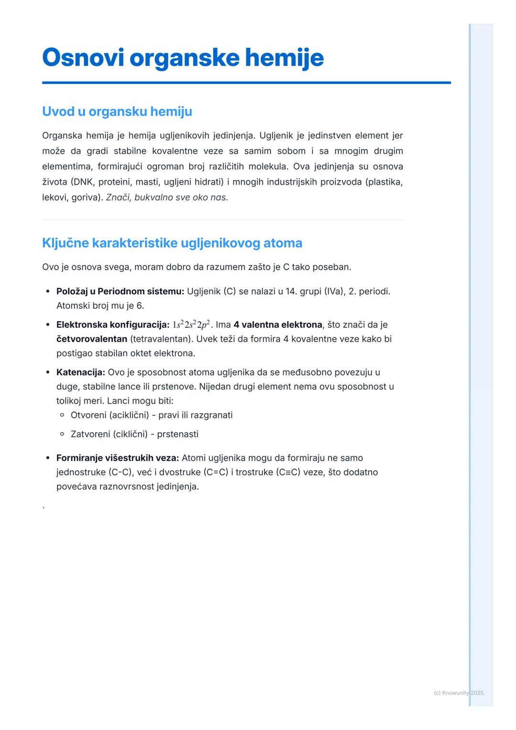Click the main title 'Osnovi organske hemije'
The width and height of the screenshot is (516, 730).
pos(183,58)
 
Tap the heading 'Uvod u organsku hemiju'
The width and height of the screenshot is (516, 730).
pos(117,111)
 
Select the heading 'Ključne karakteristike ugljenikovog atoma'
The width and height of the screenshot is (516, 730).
pos(172,243)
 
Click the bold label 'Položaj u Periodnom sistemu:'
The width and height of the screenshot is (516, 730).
pos(120,291)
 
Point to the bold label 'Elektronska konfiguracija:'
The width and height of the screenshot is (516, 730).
pos(113,325)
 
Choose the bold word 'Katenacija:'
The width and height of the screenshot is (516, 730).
pos(81,372)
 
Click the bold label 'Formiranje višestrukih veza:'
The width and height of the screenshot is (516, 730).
pos(118,458)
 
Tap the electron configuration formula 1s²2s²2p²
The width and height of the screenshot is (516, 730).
pos(191,325)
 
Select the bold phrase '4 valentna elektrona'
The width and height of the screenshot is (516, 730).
pos(278,325)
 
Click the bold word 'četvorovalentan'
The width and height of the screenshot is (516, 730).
pos(92,339)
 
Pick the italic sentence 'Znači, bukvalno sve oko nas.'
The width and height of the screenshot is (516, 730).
pos(167,197)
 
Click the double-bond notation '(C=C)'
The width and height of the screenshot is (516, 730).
pos(216,472)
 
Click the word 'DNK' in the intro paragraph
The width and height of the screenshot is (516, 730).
pos(83,182)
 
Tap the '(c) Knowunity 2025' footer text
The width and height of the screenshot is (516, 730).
pos(458,693)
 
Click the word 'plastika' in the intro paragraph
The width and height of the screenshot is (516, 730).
pos(384,182)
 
